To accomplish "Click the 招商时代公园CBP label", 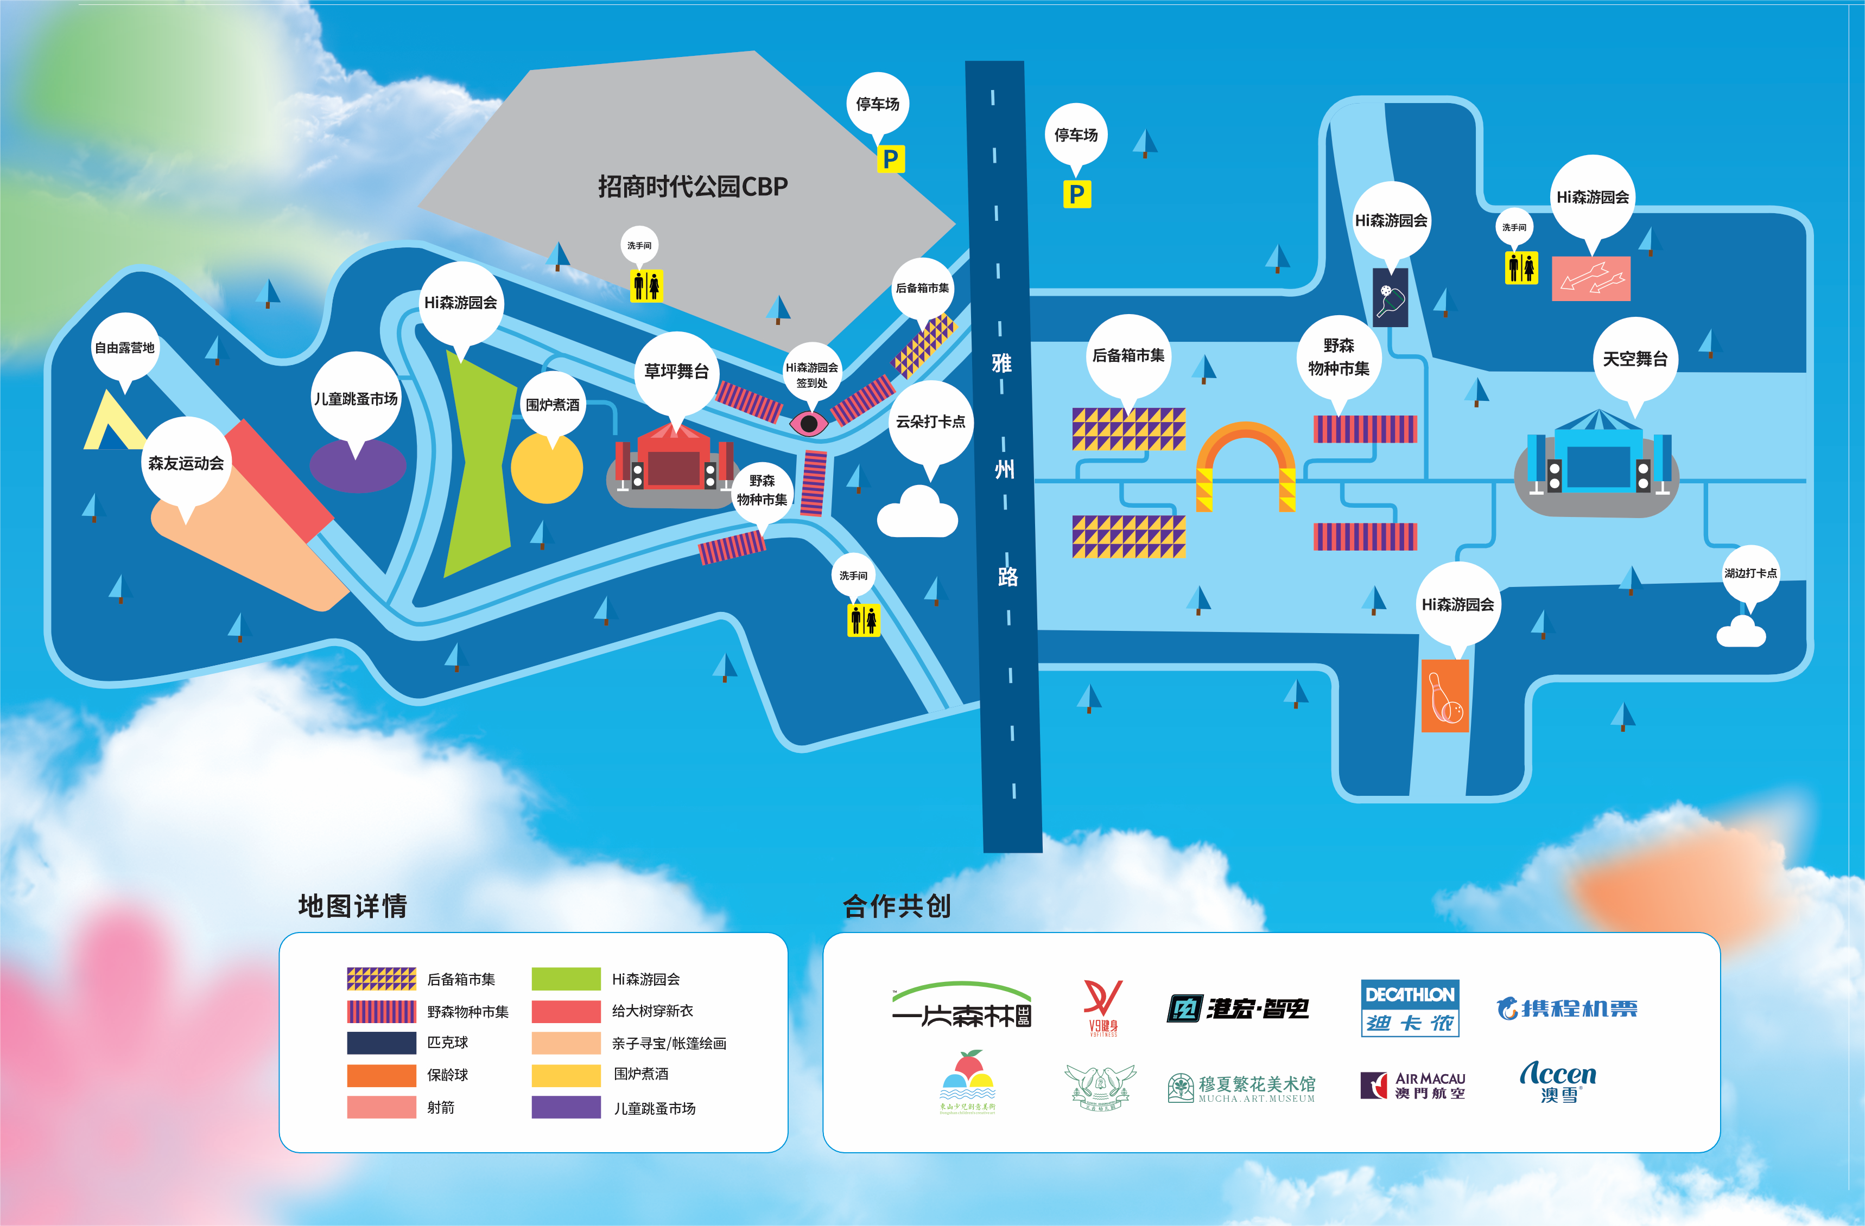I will point(693,187).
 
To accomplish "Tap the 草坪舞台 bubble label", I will point(676,371).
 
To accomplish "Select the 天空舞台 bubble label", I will point(1635,359).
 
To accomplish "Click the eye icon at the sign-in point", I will point(809,424).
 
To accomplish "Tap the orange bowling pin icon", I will point(1445,695).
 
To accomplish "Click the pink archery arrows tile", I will point(1591,278).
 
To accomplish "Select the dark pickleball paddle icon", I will point(1390,298).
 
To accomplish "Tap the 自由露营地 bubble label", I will point(125,348).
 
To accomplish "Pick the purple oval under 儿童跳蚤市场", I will point(357,466).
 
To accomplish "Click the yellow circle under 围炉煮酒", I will point(547,469).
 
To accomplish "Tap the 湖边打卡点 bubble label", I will point(1750,573).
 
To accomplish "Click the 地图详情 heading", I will point(353,905).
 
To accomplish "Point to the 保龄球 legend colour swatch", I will point(382,1075).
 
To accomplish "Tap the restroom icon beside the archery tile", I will point(1521,268).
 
